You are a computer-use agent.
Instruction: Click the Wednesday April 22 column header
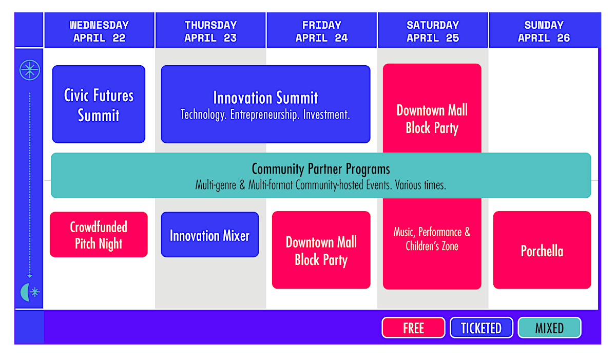point(99,30)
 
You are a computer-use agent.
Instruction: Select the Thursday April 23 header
point(210,30)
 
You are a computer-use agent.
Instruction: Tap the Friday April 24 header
point(321,30)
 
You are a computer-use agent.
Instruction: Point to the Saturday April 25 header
point(433,30)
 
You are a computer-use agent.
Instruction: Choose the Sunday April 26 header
point(544,30)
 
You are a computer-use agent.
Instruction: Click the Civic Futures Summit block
point(99,104)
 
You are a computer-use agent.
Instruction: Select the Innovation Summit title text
point(265,98)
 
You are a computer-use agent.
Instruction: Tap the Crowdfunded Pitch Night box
point(99,234)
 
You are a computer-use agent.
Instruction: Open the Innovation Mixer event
point(210,234)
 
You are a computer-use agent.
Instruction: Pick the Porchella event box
point(542,250)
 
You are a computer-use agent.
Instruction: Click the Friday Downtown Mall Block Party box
point(321,250)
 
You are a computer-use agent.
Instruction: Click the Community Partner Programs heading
point(321,168)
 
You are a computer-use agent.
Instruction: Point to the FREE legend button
point(413,328)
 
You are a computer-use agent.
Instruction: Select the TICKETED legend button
point(482,328)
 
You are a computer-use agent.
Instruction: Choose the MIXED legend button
point(549,328)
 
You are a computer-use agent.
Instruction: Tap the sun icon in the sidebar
point(30,70)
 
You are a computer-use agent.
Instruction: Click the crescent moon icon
point(25,292)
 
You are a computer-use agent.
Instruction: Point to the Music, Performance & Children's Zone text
point(432,239)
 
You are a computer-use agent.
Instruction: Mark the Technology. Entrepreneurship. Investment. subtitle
point(265,115)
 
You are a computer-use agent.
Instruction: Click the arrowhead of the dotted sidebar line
point(30,276)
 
